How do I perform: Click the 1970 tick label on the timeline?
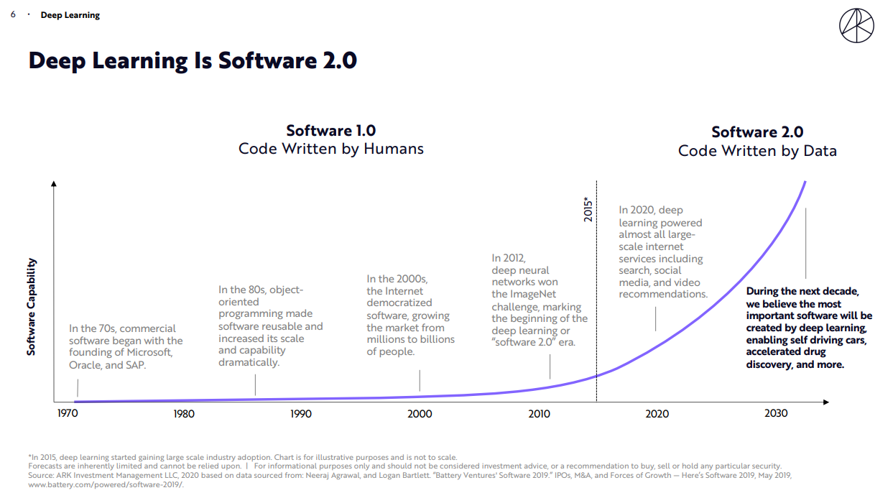pyautogui.click(x=68, y=414)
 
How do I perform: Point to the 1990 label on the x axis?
pyautogui.click(x=301, y=414)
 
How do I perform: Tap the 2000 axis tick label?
pyautogui.click(x=420, y=414)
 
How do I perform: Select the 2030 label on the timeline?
pyautogui.click(x=776, y=413)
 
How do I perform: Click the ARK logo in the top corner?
pyautogui.click(x=856, y=27)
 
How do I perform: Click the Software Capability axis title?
pyautogui.click(x=32, y=307)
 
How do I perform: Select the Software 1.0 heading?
pyautogui.click(x=330, y=131)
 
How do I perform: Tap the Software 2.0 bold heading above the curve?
pyautogui.click(x=757, y=132)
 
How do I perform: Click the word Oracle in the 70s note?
pyautogui.click(x=85, y=364)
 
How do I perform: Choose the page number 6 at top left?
pyautogui.click(x=14, y=15)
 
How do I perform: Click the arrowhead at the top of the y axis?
pyautogui.click(x=54, y=185)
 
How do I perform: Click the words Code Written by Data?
pyautogui.click(x=757, y=151)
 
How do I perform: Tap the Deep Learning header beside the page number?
pyautogui.click(x=70, y=15)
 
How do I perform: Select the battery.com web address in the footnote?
pyautogui.click(x=106, y=484)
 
